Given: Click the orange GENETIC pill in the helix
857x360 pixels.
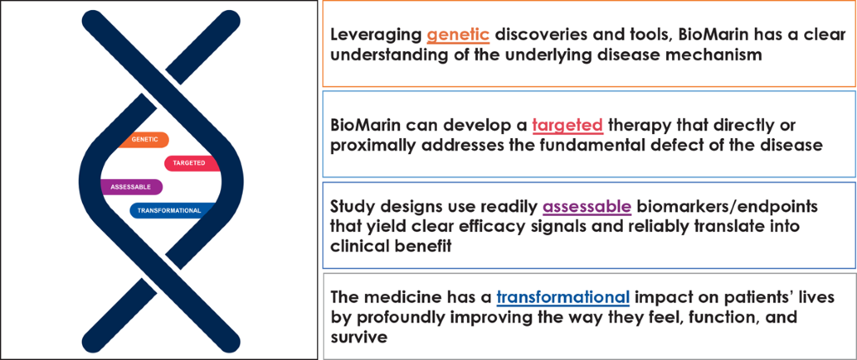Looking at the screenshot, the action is click(x=142, y=140).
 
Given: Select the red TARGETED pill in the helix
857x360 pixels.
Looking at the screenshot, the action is click(x=192, y=163).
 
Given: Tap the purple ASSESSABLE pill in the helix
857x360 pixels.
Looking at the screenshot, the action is click(x=131, y=187).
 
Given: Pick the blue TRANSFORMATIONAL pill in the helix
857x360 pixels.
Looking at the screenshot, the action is click(x=170, y=210).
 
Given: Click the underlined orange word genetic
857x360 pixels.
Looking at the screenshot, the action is click(x=458, y=35).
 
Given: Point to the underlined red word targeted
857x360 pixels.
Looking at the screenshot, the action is click(x=567, y=126).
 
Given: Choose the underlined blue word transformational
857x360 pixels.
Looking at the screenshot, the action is click(x=563, y=298).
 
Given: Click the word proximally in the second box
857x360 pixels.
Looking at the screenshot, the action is click(x=375, y=146).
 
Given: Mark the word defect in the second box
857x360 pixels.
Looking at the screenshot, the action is click(x=685, y=146).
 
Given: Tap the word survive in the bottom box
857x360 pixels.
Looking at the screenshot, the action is click(x=359, y=337).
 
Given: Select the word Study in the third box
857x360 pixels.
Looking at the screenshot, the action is click(x=352, y=208).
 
